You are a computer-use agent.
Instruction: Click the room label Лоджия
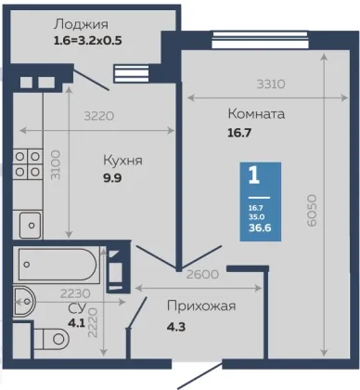[x=81, y=25]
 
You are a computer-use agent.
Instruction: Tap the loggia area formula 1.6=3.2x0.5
[x=88, y=41]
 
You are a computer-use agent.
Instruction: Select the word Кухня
[x=122, y=161]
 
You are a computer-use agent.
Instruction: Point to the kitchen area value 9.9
[x=112, y=178]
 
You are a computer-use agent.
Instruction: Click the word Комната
[x=256, y=114]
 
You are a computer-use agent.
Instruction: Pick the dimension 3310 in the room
[x=271, y=84]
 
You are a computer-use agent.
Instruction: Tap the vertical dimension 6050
[x=312, y=210]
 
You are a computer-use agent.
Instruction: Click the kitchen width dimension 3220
[x=99, y=116]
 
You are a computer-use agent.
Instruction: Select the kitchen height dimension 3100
[x=56, y=165]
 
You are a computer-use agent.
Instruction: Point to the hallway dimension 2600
[x=202, y=274]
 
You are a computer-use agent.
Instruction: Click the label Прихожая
[x=201, y=306]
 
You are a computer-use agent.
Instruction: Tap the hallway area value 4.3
[x=176, y=327]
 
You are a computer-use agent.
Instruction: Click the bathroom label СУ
[x=77, y=308]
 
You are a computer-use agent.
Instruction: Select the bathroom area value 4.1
[x=76, y=323]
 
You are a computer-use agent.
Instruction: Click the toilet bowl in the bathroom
[x=51, y=339]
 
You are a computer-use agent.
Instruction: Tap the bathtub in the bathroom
[x=57, y=265]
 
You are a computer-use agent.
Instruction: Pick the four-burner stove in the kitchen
[x=27, y=164]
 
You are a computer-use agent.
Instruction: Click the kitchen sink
[x=30, y=225]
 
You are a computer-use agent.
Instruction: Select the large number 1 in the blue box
[x=254, y=175]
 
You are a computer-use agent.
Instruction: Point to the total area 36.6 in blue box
[x=260, y=227]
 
